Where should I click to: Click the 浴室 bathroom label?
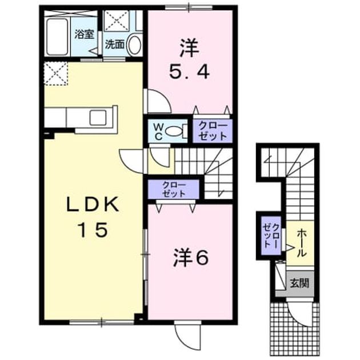[x=84, y=34]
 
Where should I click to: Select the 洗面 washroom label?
[x=114, y=45]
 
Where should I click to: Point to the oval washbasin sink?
[x=134, y=45]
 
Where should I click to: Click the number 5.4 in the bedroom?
[x=189, y=71]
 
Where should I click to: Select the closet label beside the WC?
[x=213, y=131]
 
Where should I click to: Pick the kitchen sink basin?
[x=98, y=118]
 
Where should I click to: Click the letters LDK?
[x=93, y=205]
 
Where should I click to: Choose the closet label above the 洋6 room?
[x=174, y=190]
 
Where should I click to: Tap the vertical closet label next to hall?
[x=271, y=236]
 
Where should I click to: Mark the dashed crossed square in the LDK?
[x=56, y=74]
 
